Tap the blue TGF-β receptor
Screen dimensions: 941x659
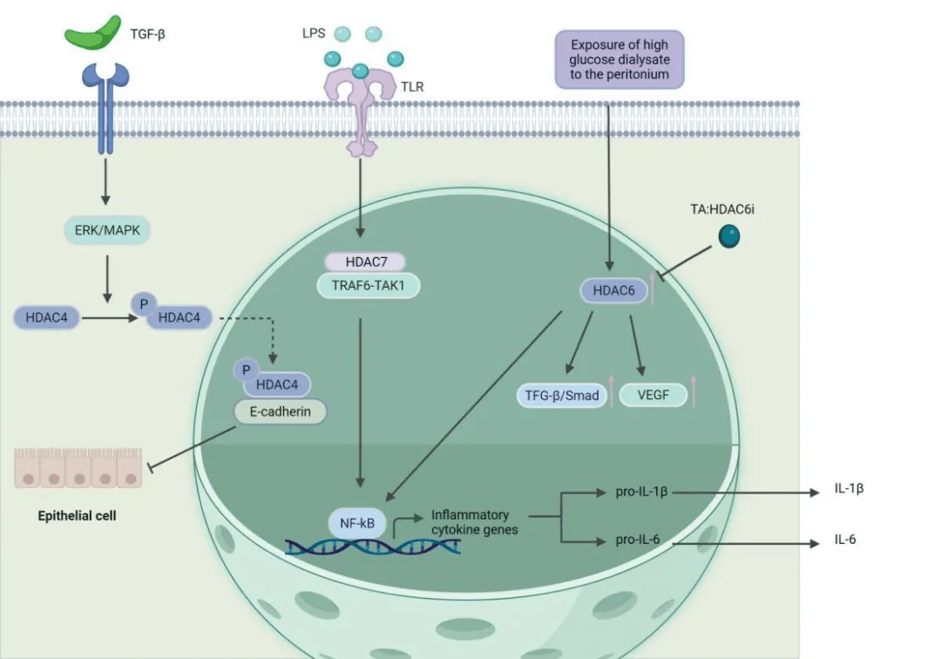pyautogui.click(x=105, y=108)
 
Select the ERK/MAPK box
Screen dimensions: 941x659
pyautogui.click(x=107, y=230)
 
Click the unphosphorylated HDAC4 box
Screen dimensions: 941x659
pyautogui.click(x=47, y=317)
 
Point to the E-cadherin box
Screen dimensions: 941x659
pyautogui.click(x=281, y=411)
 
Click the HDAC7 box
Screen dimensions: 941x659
pyautogui.click(x=365, y=262)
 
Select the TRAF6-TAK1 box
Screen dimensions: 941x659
pyautogui.click(x=369, y=286)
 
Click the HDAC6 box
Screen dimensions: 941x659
pyautogui.click(x=614, y=290)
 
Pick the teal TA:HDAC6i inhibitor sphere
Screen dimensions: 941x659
pyautogui.click(x=729, y=236)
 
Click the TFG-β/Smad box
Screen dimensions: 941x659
pyautogui.click(x=562, y=396)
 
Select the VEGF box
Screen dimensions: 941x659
pyautogui.click(x=653, y=395)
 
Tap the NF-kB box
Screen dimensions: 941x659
pyautogui.click(x=357, y=523)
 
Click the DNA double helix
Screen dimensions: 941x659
pyautogui.click(x=373, y=547)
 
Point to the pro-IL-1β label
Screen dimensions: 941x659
pyautogui.click(x=641, y=492)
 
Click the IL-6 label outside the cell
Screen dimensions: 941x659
pyautogui.click(x=845, y=539)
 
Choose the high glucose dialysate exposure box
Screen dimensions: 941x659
pyautogui.click(x=619, y=59)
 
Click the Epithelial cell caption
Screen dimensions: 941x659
pyautogui.click(x=77, y=515)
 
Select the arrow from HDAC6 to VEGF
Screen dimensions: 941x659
pyautogui.click(x=637, y=346)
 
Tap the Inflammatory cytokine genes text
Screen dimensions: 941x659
pyautogui.click(x=474, y=522)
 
